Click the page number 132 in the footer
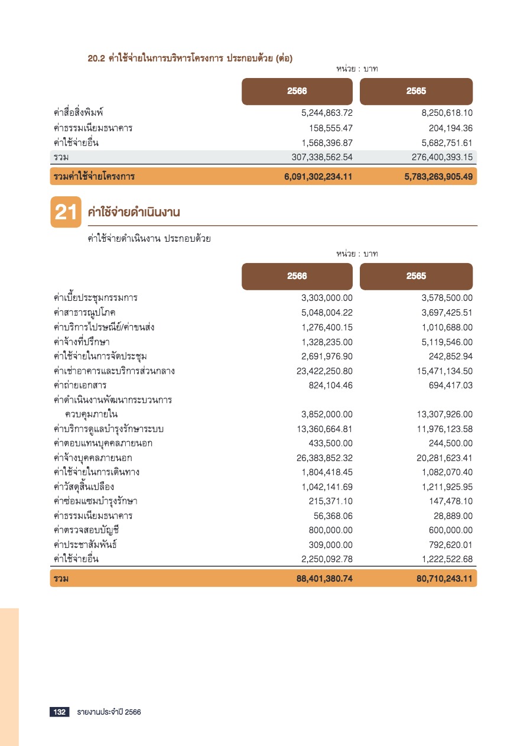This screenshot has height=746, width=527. click(x=60, y=712)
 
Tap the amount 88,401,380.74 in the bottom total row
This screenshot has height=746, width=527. click(x=324, y=579)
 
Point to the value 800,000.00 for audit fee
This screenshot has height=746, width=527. click(x=330, y=530)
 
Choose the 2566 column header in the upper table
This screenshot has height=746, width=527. click(x=297, y=92)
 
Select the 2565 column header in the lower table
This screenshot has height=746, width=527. click(x=416, y=276)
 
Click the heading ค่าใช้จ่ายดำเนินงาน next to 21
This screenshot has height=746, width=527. click(x=134, y=212)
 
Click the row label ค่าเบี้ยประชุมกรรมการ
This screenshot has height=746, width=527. click(x=95, y=298)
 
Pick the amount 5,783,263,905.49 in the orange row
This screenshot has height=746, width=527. click(x=438, y=176)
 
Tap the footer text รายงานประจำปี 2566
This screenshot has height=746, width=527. click(x=109, y=712)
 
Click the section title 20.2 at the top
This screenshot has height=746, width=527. click(x=190, y=58)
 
